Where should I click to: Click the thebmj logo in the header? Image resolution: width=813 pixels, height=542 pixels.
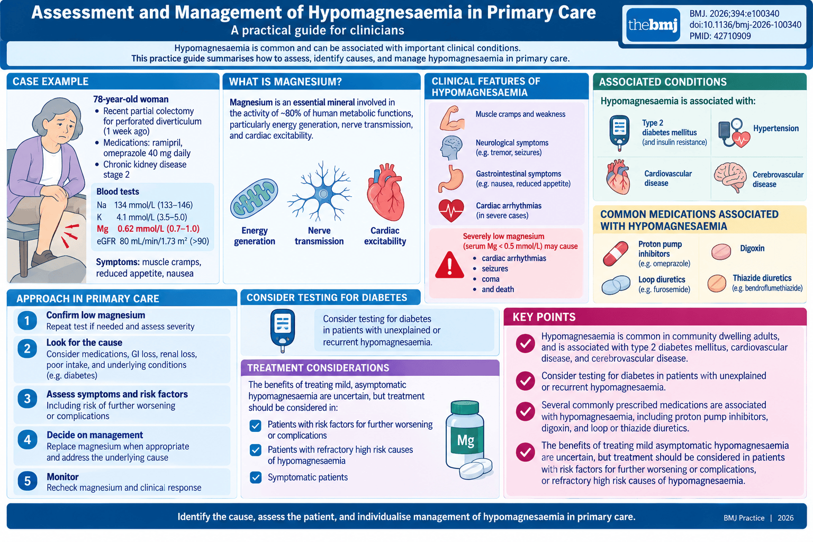[x=653, y=25]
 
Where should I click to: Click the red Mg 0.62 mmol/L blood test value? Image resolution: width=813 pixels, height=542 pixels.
[x=148, y=229]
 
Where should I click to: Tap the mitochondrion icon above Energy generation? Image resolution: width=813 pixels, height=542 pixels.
[x=254, y=198]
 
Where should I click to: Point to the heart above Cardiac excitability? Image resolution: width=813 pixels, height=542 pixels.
[x=385, y=192]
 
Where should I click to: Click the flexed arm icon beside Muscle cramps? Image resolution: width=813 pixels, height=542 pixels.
[x=452, y=118]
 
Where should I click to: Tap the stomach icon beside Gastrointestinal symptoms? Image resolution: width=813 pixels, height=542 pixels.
[x=450, y=178]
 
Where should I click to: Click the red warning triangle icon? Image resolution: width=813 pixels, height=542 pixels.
[x=449, y=265]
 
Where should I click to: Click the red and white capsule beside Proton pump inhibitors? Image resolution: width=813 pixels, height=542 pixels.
[x=616, y=254]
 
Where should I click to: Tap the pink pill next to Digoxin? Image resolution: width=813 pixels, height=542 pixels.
[x=721, y=251]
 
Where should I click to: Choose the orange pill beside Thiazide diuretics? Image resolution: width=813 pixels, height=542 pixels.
[x=717, y=283]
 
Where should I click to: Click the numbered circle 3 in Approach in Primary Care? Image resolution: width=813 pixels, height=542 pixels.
[x=27, y=399]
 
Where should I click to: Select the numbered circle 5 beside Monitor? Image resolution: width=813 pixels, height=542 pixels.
[x=27, y=481]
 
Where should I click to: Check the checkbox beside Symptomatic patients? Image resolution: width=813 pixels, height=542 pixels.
[x=256, y=477]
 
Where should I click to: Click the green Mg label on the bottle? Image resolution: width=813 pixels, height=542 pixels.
[x=465, y=440]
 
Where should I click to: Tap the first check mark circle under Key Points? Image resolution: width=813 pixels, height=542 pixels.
[x=525, y=344]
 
